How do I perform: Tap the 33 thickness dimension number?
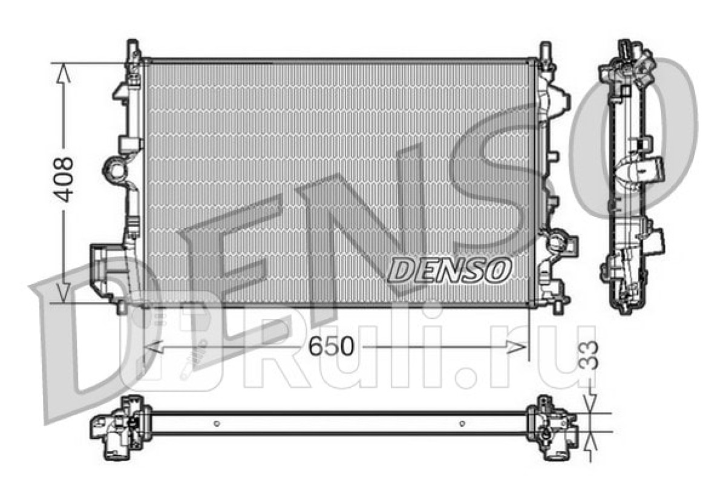pos(588,355)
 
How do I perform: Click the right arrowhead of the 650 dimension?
pos(516,347)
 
